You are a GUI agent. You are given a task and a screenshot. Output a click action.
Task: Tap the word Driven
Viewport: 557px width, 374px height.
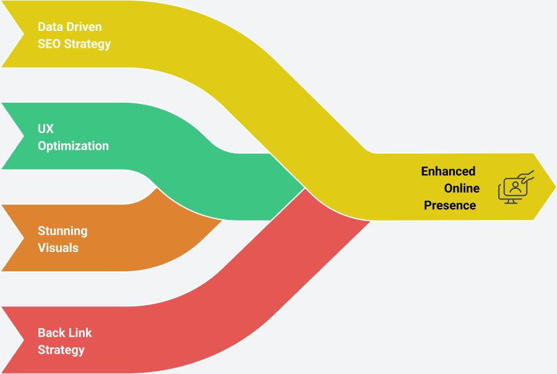coord(83,27)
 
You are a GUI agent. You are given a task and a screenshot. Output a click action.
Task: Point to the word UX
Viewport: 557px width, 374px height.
coord(46,129)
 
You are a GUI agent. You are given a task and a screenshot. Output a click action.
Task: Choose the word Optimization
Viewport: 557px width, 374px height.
coord(73,146)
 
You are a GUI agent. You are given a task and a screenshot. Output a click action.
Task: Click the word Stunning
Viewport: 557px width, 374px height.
coord(63,231)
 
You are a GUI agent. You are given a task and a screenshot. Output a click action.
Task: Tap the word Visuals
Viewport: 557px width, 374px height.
coord(58,248)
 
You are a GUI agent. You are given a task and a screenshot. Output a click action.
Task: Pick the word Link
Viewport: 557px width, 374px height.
coord(79,333)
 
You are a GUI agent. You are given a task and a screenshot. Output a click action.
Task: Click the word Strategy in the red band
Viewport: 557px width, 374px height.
coord(61,350)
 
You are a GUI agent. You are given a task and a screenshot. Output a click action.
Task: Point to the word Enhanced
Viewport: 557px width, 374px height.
coord(448,172)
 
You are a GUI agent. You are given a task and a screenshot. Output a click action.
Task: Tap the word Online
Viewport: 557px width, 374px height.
coord(462,188)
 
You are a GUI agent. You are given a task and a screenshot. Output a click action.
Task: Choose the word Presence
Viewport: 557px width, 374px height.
coord(450,205)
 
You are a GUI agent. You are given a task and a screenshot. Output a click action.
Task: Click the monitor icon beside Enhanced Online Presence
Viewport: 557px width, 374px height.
coord(514,188)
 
